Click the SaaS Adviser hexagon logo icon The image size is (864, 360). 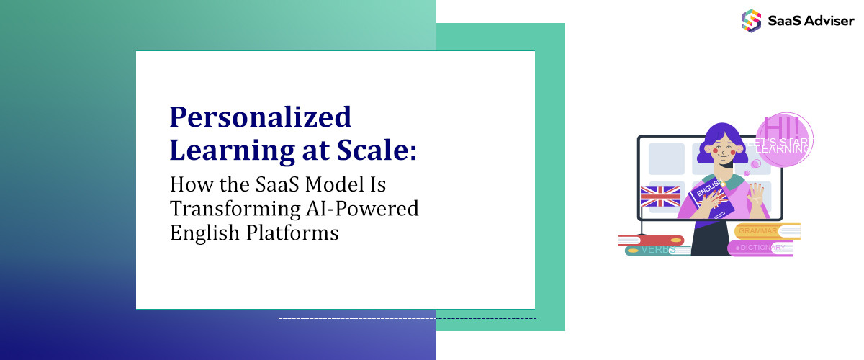click(751, 19)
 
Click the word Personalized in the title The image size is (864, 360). click(260, 117)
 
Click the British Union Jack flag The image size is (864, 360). click(660, 197)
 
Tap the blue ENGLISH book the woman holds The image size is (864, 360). click(709, 199)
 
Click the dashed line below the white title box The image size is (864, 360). click(407, 318)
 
